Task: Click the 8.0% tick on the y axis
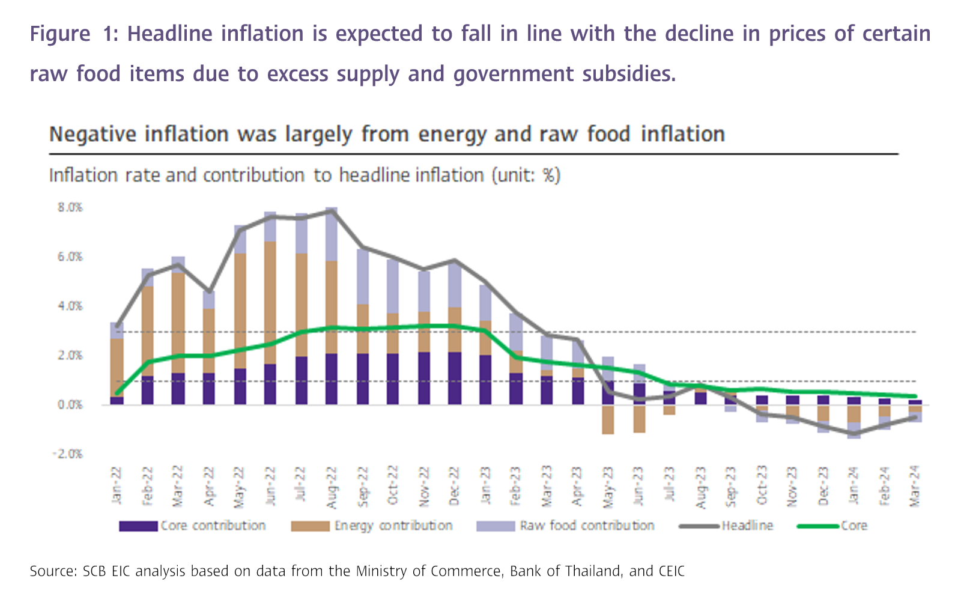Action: [70, 208]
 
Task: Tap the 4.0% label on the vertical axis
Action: [70, 306]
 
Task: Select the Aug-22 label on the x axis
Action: [331, 486]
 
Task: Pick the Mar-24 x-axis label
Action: [915, 486]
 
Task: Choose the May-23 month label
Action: [608, 486]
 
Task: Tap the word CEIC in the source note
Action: [671, 571]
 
